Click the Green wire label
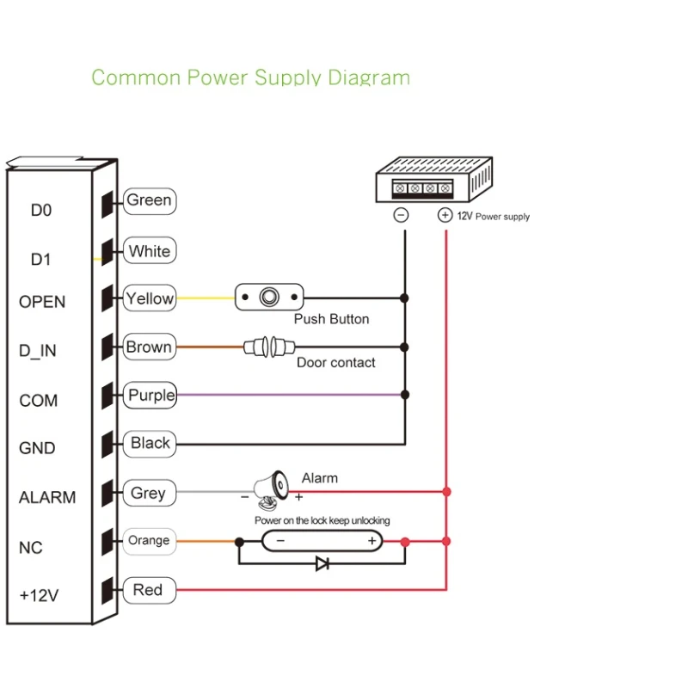(149, 201)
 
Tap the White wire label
(150, 252)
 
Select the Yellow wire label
(150, 299)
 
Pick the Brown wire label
(150, 348)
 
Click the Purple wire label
(150, 396)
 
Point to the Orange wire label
(149, 541)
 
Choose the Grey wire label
(148, 494)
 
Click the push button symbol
(269, 298)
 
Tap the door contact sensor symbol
(269, 347)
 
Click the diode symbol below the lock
(322, 564)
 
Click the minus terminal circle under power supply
(401, 216)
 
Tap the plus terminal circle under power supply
(445, 216)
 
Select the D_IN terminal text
(38, 351)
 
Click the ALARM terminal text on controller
(47, 498)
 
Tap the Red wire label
(148, 590)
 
